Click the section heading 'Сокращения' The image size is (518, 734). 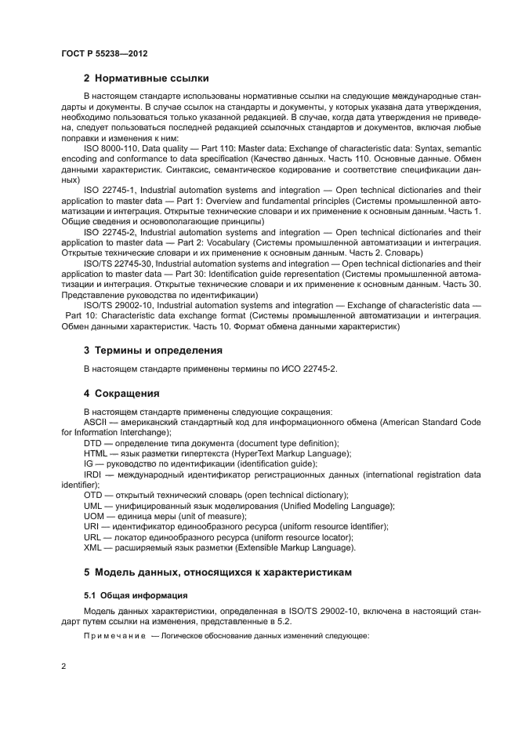point(126,393)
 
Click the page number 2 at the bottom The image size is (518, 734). point(63,667)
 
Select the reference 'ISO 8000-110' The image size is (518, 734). point(110,147)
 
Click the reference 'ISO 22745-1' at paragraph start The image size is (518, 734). point(107,190)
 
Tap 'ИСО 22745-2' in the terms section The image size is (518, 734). point(310,369)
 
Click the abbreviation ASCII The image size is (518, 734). point(95,422)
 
